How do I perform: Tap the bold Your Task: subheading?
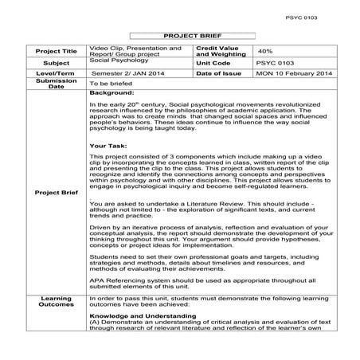point(109,147)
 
